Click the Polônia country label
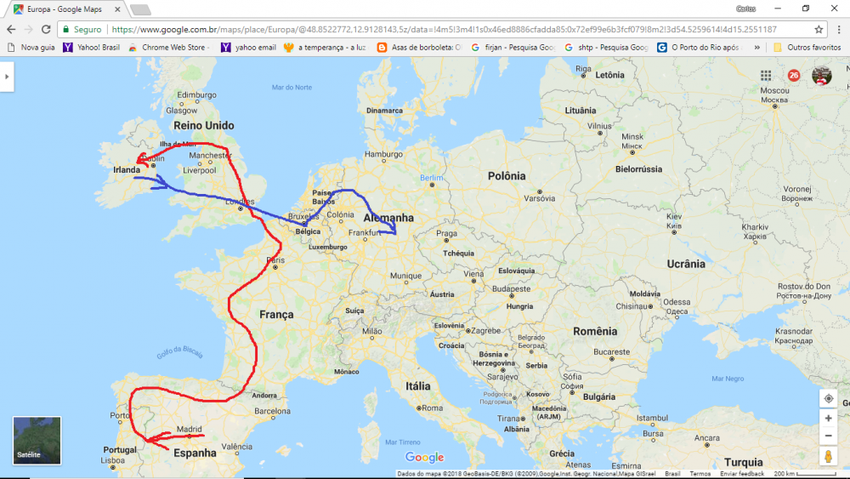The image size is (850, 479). click(x=507, y=176)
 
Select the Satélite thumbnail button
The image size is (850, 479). click(x=37, y=441)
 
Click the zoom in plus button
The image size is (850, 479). click(x=828, y=419)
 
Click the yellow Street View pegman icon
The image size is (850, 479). click(x=828, y=457)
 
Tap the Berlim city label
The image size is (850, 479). click(x=432, y=177)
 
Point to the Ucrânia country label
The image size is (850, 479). click(x=686, y=264)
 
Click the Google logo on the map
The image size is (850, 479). click(x=424, y=458)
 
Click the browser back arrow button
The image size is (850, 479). click(x=11, y=29)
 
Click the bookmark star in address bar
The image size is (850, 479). click(x=819, y=29)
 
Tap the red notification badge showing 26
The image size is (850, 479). click(x=794, y=76)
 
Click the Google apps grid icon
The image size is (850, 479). click(x=766, y=76)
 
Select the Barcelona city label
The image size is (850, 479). click(x=272, y=410)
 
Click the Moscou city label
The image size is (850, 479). click(x=774, y=90)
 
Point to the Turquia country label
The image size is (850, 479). click(x=744, y=463)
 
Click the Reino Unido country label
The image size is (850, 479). click(x=203, y=126)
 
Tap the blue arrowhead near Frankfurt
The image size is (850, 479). click(x=393, y=231)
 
